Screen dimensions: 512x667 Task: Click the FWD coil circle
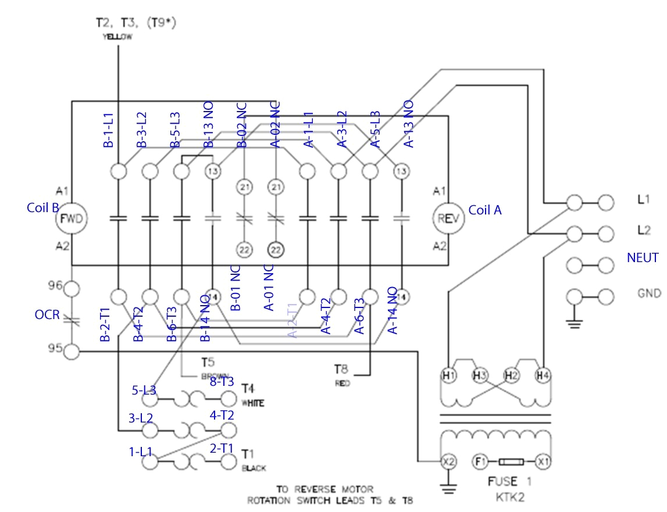click(71, 219)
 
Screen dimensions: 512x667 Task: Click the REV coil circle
click(447, 219)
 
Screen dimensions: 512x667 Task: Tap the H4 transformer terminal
click(543, 376)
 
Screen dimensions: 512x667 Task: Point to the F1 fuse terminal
click(480, 461)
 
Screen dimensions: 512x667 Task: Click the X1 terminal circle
click(543, 461)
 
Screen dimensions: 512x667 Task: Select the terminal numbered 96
click(71, 288)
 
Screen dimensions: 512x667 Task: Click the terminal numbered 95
click(71, 351)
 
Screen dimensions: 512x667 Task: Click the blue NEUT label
click(642, 257)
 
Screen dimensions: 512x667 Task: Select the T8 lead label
click(341, 370)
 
